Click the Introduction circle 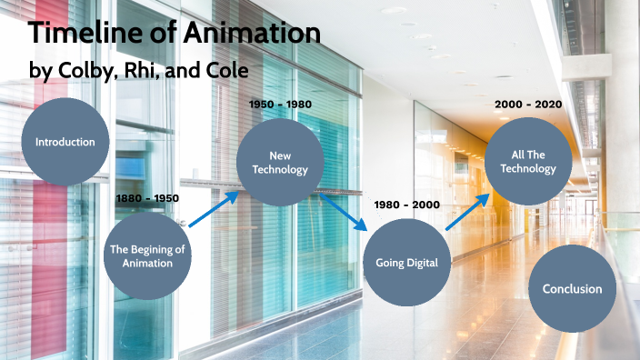click(65, 142)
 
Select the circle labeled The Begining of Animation click(147, 255)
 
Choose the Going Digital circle click(406, 263)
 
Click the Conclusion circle click(572, 289)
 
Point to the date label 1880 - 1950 click(147, 197)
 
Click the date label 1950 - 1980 click(280, 104)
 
